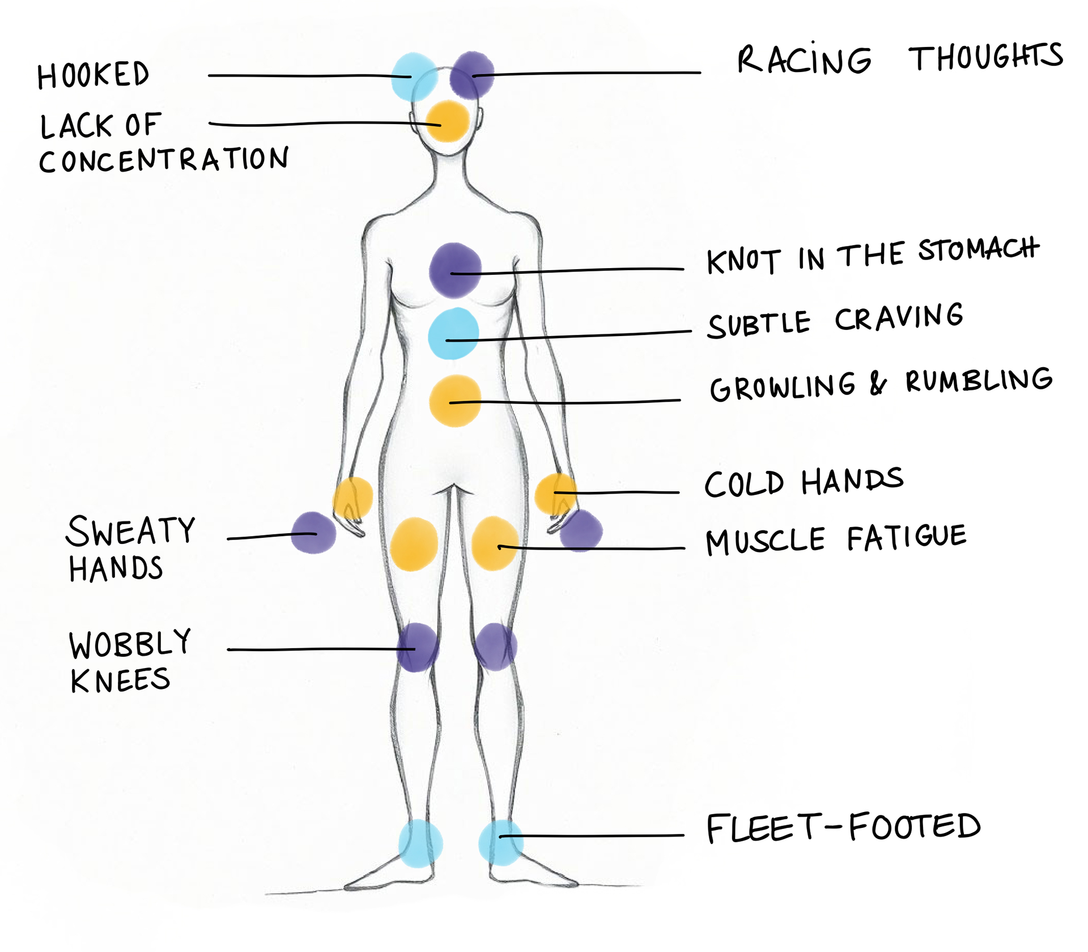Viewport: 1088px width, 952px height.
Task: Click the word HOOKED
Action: pyautogui.click(x=93, y=75)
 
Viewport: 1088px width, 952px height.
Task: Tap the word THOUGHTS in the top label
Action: pyautogui.click(x=985, y=57)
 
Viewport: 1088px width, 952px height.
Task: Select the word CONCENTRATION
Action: pyautogui.click(x=164, y=160)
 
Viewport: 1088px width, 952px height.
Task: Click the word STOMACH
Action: pyautogui.click(x=979, y=249)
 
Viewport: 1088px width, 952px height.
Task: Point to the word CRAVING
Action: pyautogui.click(x=899, y=317)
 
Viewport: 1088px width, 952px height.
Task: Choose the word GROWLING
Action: pyautogui.click(x=783, y=387)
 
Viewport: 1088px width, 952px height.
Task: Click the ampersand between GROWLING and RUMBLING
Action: pyautogui.click(x=878, y=384)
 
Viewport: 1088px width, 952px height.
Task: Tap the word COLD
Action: pyautogui.click(x=744, y=484)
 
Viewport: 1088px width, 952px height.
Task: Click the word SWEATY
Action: pyautogui.click(x=131, y=531)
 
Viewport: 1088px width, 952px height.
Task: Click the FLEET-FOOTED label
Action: pyautogui.click(x=843, y=827)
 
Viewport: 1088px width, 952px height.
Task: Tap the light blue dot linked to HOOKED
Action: pyautogui.click(x=414, y=76)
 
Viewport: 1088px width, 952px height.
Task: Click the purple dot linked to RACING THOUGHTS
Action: pyautogui.click(x=472, y=75)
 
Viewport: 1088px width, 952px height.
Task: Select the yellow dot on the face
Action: pyautogui.click(x=448, y=121)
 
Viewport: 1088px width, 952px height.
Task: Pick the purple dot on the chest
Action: pyautogui.click(x=455, y=270)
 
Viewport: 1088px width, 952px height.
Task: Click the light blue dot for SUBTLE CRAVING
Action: pyautogui.click(x=453, y=333)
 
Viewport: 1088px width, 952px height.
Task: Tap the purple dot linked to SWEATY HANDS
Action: pyautogui.click(x=313, y=533)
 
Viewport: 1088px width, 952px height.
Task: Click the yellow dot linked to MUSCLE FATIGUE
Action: pyautogui.click(x=495, y=543)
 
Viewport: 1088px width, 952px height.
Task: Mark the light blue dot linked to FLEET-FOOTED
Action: pyautogui.click(x=501, y=842)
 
